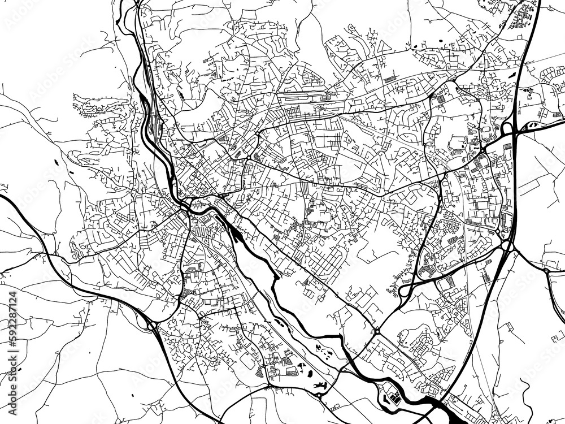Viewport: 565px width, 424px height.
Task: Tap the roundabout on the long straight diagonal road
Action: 376,331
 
